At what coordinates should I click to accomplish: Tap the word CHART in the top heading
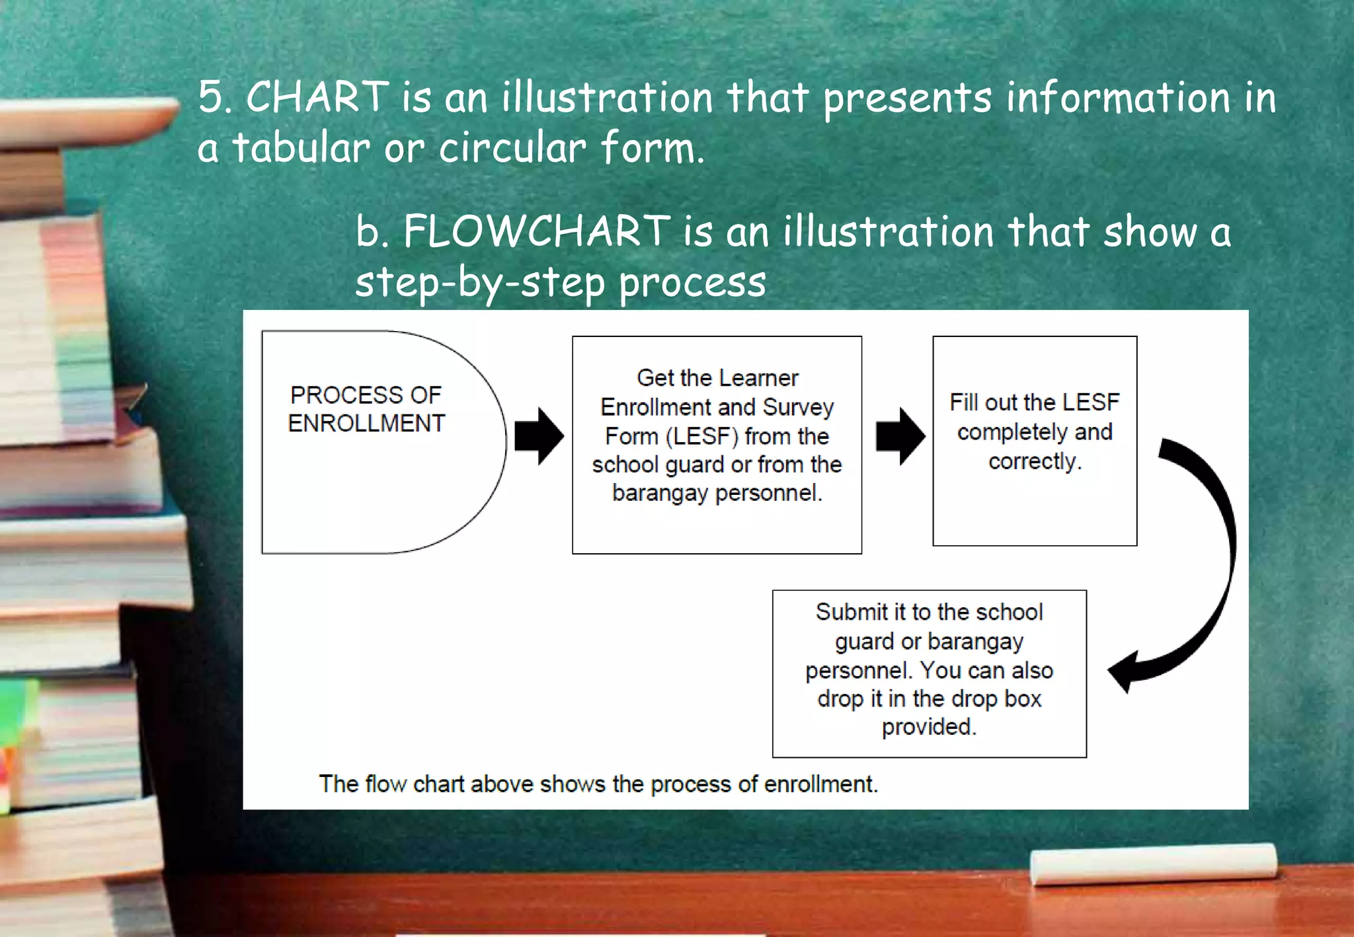click(317, 97)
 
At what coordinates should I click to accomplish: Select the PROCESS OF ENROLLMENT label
click(366, 409)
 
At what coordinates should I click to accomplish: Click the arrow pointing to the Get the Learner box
click(539, 436)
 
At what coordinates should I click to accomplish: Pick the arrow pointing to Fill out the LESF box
click(900, 436)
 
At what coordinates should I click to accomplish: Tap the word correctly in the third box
click(1035, 461)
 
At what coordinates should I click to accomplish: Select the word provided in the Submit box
click(929, 727)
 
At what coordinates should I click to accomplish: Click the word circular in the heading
click(512, 147)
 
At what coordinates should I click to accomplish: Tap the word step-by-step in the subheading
click(480, 283)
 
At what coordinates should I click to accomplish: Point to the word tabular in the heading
click(301, 147)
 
